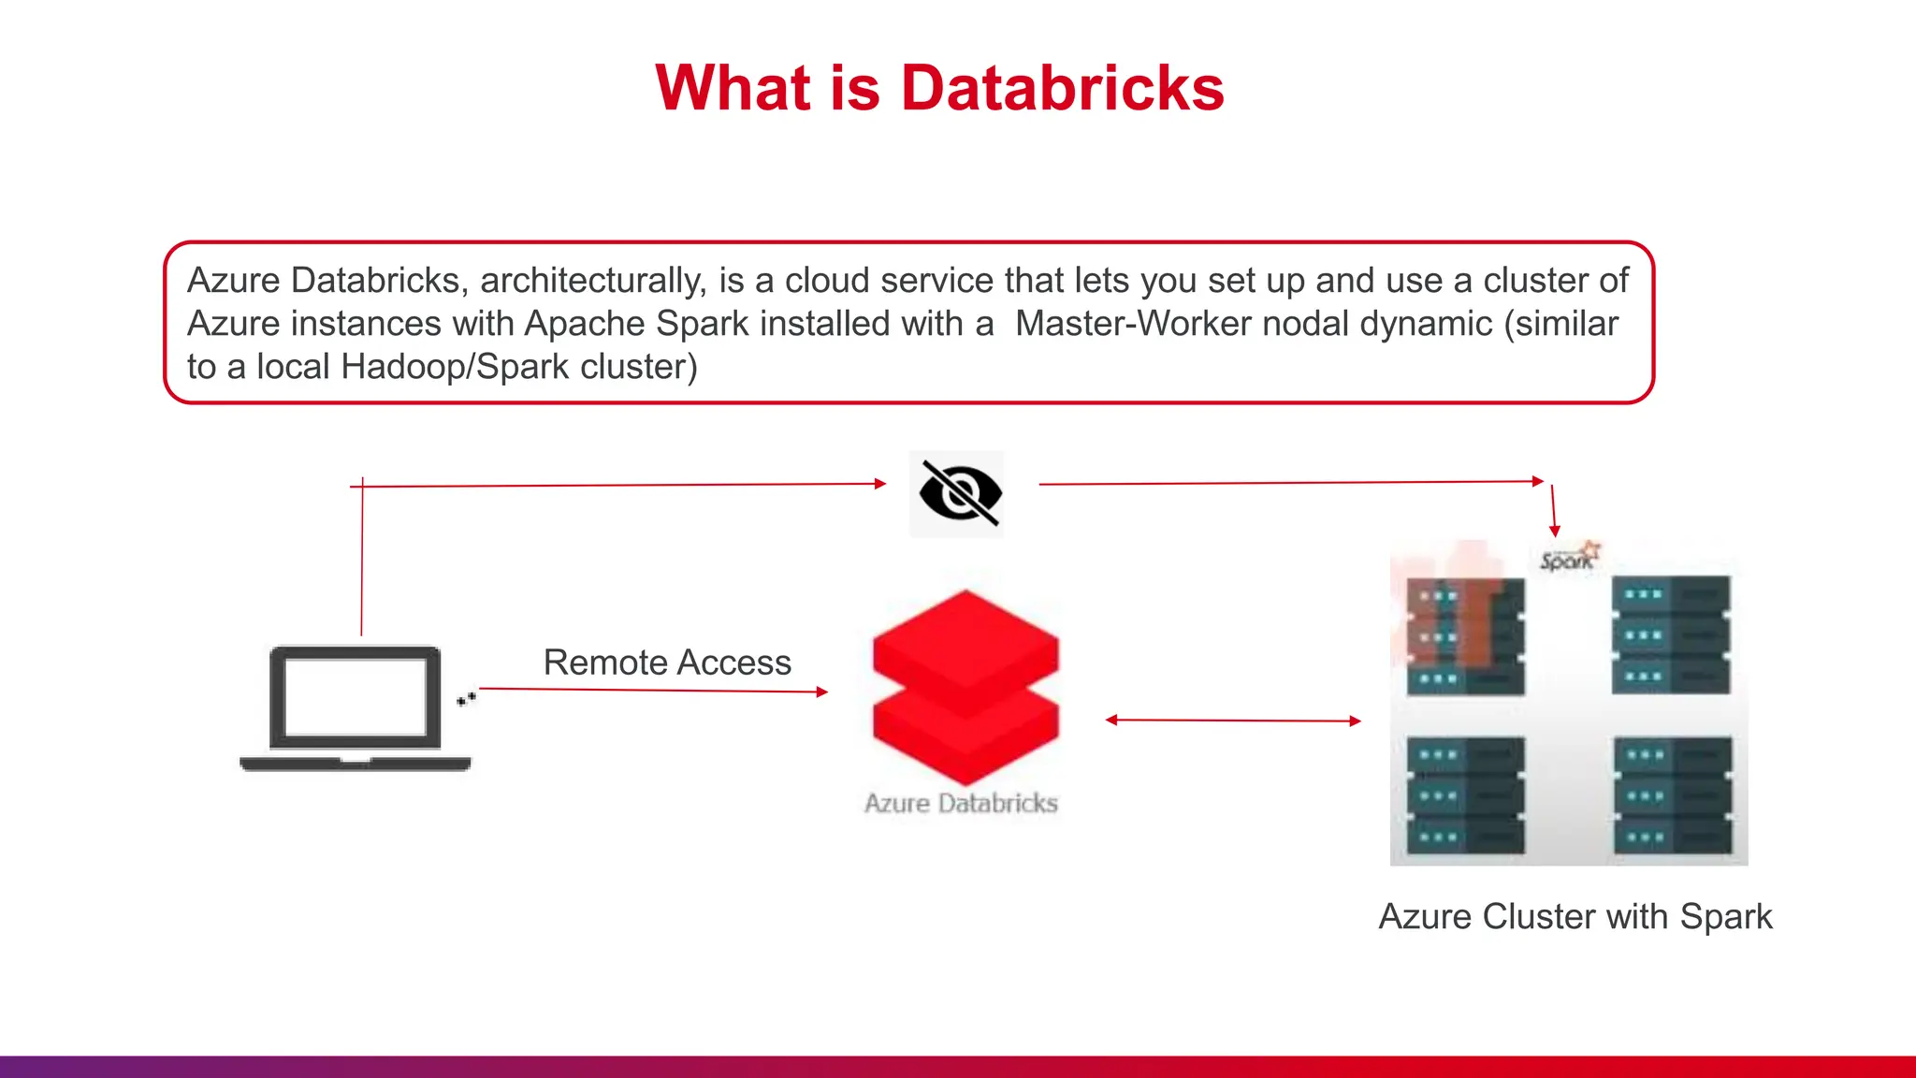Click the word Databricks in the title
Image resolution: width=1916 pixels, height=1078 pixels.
click(1062, 88)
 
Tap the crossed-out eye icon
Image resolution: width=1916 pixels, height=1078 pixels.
click(958, 493)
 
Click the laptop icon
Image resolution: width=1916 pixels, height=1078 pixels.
click(356, 708)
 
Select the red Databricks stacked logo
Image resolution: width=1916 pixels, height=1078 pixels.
click(965, 687)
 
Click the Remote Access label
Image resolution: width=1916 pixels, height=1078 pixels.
click(667, 663)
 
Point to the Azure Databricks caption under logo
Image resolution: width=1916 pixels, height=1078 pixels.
click(961, 803)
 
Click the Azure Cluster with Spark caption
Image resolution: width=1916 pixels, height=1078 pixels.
click(1575, 916)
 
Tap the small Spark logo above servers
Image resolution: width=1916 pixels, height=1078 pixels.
click(1569, 558)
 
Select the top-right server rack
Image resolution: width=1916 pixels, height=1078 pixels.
click(1671, 635)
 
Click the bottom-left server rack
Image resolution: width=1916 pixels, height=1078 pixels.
click(1466, 795)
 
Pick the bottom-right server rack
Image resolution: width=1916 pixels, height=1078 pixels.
click(1673, 795)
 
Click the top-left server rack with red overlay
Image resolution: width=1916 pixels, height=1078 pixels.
click(1465, 635)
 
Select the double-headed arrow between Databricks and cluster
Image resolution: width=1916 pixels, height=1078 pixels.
click(1233, 721)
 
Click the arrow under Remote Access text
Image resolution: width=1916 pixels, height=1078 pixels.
click(653, 691)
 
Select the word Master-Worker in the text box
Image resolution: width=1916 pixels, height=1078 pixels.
click(1133, 324)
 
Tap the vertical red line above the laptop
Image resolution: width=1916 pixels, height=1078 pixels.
click(362, 561)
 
